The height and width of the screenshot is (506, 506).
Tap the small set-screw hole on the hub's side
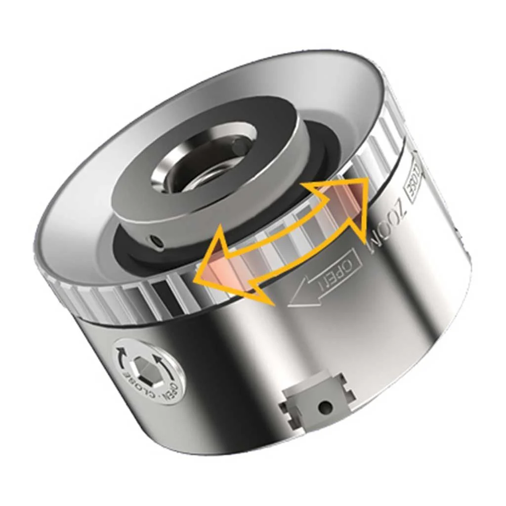pos(157,240)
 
